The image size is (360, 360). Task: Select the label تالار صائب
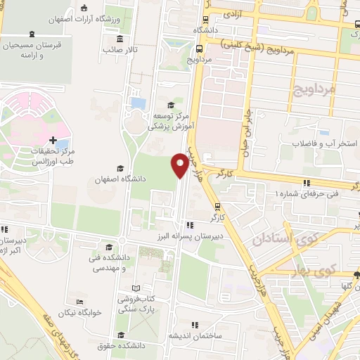coord(120,50)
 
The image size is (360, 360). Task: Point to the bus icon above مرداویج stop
coord(199,49)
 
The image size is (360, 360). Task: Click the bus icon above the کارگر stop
coord(218,207)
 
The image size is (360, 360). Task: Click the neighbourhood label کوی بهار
coord(319,270)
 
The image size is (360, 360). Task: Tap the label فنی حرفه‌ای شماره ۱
coord(307,193)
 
